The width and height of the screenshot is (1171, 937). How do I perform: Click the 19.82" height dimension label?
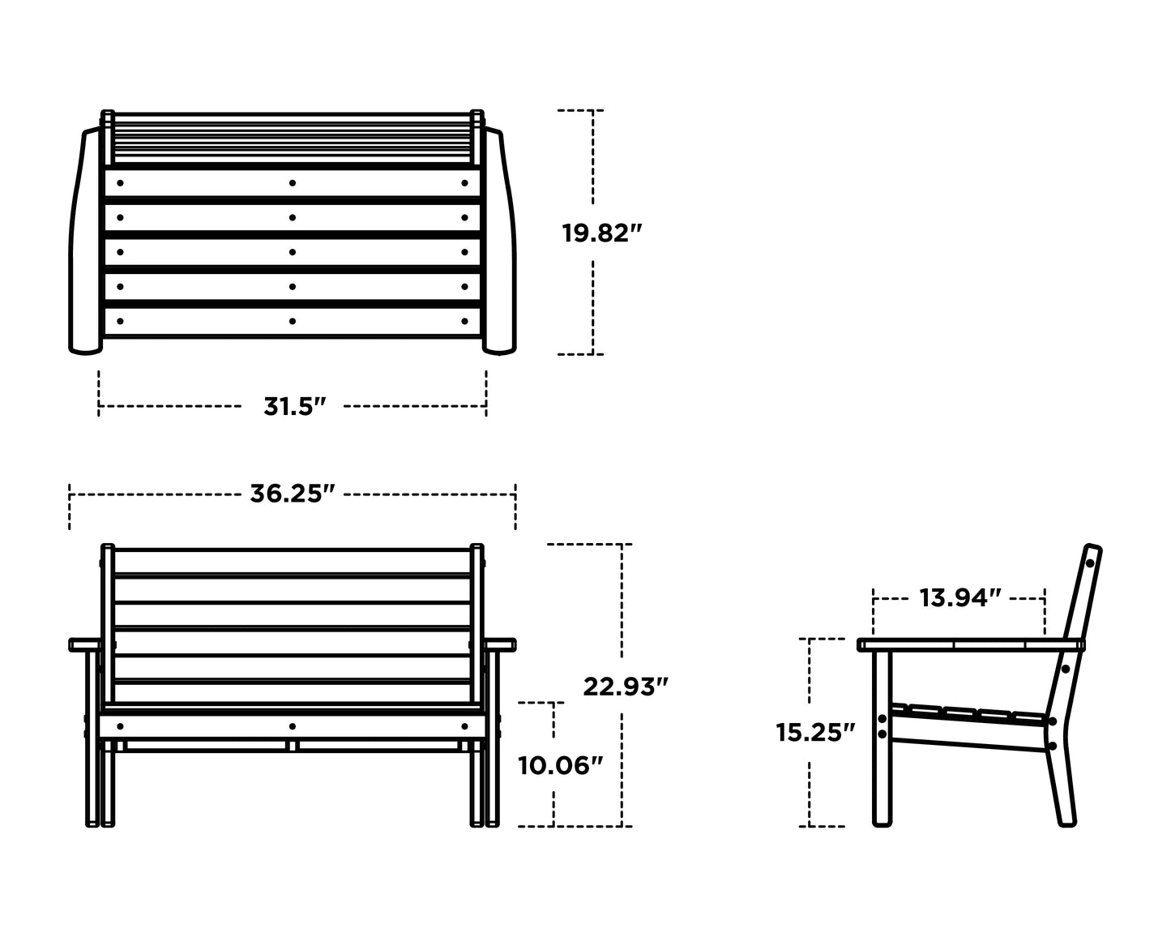[x=601, y=233]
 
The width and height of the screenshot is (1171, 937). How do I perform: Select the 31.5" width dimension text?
[x=293, y=406]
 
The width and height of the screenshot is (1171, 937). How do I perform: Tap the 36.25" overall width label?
[x=292, y=494]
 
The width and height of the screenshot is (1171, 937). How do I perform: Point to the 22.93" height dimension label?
[x=625, y=687]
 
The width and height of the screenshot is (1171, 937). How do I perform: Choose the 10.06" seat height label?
[x=560, y=764]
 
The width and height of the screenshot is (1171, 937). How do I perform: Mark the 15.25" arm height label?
[x=815, y=732]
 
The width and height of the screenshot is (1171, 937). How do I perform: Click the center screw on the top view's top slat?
[x=293, y=183]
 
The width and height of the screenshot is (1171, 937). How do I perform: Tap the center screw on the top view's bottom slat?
[x=293, y=321]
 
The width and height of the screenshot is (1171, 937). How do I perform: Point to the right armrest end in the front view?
[x=502, y=644]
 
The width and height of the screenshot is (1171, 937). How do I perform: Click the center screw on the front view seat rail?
[x=293, y=725]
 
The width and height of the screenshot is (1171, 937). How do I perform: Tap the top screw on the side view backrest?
[x=1090, y=563]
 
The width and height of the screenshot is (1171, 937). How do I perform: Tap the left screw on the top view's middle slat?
[x=119, y=252]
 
